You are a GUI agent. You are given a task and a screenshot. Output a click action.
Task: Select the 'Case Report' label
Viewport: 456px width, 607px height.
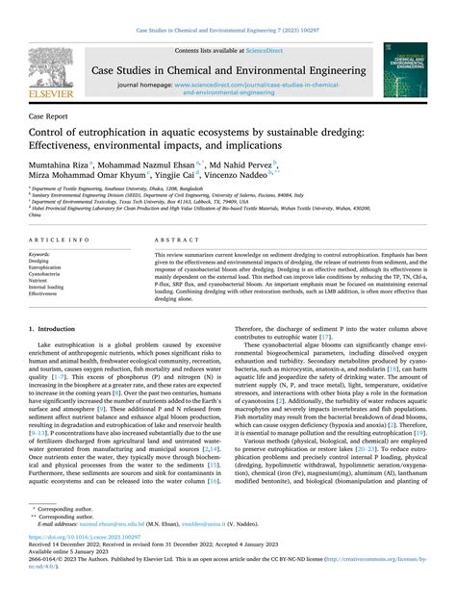(x=48, y=114)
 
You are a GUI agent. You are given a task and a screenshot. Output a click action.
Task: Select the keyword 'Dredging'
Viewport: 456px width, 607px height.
(x=39, y=261)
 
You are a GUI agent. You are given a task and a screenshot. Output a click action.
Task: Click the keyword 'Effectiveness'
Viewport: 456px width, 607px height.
(x=44, y=293)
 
